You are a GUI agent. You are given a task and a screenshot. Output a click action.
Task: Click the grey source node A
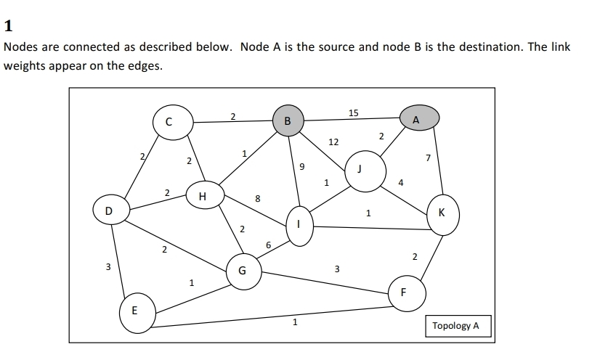pos(416,118)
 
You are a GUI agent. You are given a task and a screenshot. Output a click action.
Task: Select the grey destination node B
pos(288,120)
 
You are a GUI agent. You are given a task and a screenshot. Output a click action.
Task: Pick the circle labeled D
pos(108,210)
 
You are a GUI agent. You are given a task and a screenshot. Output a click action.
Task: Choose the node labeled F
pos(404,292)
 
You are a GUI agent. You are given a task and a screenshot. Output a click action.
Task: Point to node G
pos(242,271)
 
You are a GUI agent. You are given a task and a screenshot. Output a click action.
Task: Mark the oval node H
pos(203,196)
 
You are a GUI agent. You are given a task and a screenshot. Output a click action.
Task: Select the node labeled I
pos(297,226)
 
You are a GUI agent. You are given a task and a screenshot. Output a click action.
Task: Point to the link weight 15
pos(353,112)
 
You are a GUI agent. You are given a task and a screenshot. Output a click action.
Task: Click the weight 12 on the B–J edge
pos(333,142)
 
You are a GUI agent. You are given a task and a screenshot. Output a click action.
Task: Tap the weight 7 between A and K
pos(428,157)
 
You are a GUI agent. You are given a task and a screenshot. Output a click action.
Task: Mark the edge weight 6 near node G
pos(269,245)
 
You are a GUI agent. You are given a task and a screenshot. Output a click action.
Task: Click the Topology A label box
pos(455,326)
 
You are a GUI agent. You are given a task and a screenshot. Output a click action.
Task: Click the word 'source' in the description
pos(339,46)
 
